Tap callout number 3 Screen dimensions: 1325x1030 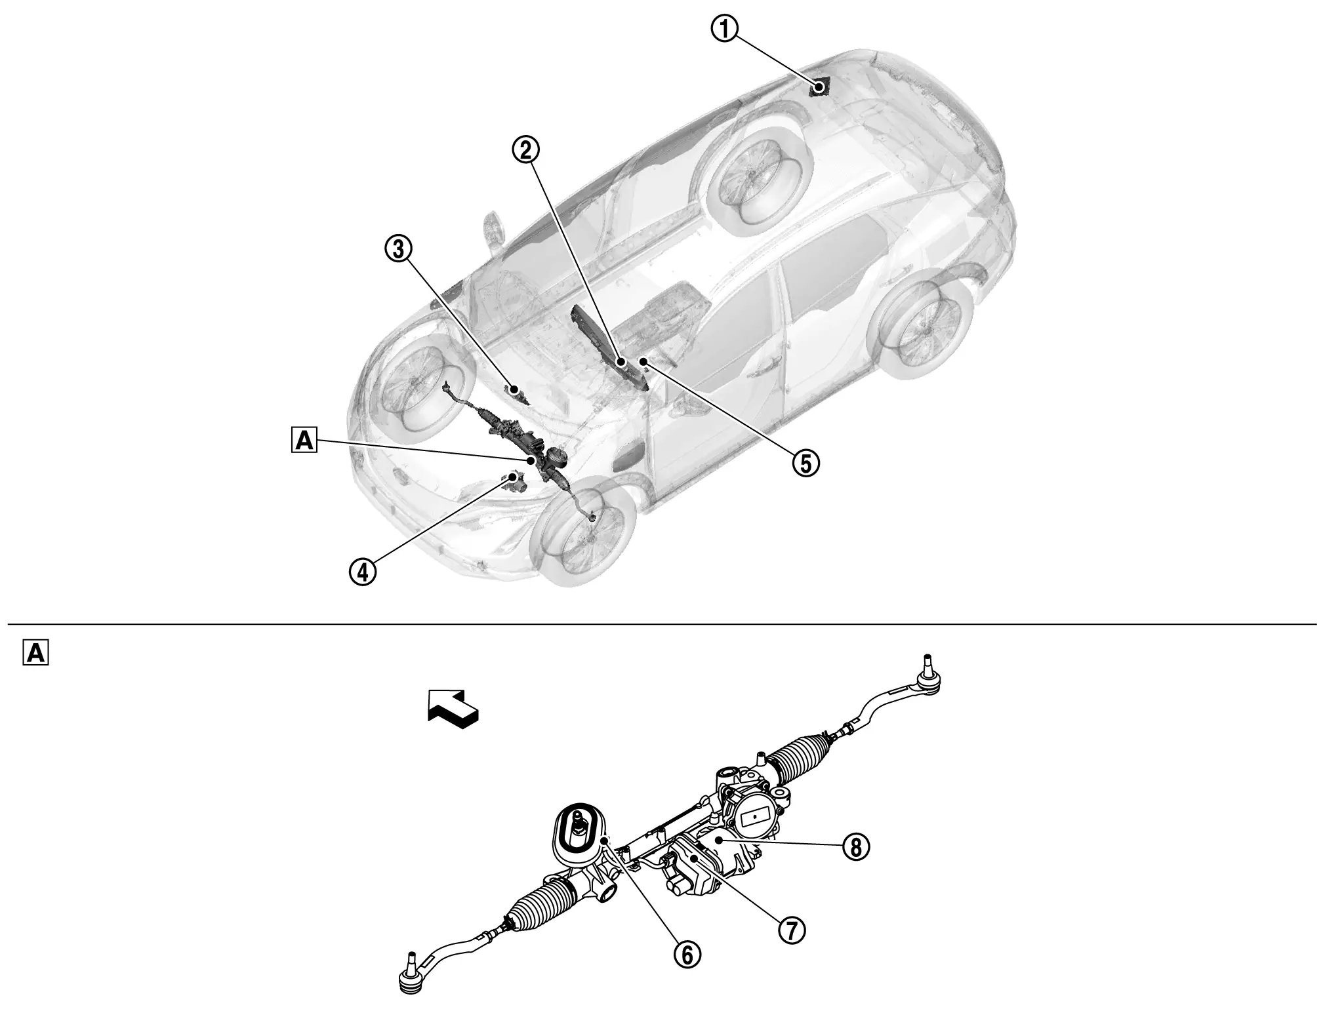click(x=398, y=249)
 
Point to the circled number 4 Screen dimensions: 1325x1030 click(x=362, y=571)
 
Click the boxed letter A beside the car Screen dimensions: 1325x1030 click(x=304, y=441)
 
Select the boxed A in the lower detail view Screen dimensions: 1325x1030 click(x=35, y=653)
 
